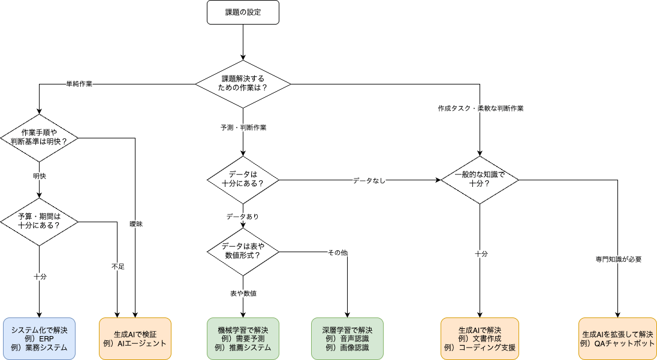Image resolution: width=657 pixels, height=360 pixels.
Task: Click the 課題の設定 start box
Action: pos(243,13)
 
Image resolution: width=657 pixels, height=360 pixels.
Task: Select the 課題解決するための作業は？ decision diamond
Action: pos(243,83)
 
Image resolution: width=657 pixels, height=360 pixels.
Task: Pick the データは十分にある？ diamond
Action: pos(243,179)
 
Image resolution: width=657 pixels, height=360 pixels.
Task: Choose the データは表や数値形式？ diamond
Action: pos(243,251)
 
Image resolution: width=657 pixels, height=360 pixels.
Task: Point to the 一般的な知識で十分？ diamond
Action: pos(480,179)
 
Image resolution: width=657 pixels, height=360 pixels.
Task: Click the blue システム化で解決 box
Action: pos(39,338)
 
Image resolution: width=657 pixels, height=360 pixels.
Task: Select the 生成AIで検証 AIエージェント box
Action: pos(135,338)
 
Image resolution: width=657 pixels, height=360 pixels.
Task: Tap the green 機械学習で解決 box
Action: pos(243,338)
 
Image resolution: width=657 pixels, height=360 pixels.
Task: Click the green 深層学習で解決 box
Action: pos(348,338)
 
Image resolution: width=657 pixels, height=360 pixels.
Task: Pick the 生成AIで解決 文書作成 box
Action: pos(480,338)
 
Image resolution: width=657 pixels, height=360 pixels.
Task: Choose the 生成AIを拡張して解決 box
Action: pos(617,338)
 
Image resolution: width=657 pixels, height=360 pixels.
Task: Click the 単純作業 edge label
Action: pos(79,84)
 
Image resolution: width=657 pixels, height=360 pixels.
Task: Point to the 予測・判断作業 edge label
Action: pos(243,128)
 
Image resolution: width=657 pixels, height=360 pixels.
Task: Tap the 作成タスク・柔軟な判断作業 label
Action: pos(480,109)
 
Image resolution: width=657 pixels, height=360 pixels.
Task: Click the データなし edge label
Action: pos(369,180)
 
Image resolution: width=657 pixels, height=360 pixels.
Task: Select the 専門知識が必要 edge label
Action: pos(618,259)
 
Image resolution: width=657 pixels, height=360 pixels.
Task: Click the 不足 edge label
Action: pos(117,266)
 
